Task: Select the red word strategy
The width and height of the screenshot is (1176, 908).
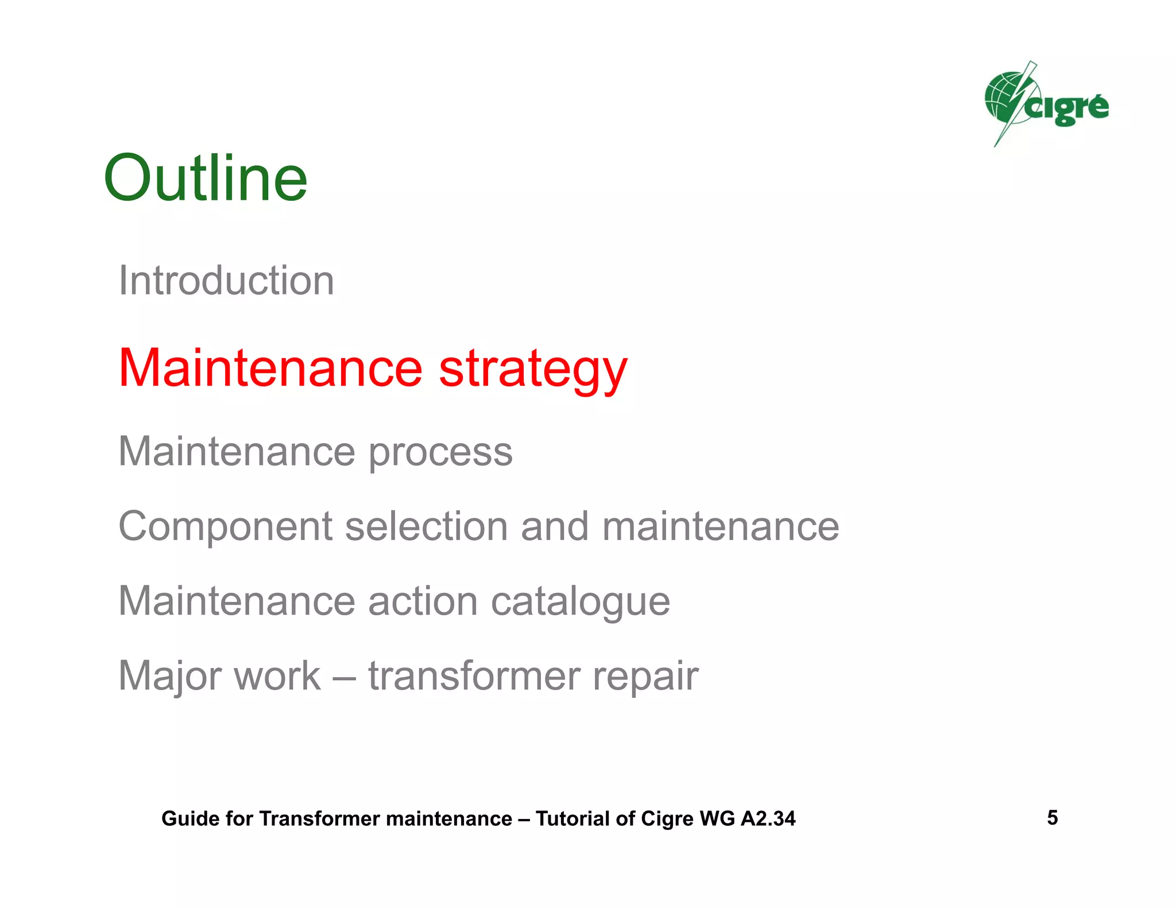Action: click(x=533, y=369)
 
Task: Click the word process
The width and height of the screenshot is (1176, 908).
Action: click(x=440, y=452)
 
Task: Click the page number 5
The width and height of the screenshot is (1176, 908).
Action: click(x=1052, y=817)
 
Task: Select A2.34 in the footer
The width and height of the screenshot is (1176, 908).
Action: click(x=768, y=818)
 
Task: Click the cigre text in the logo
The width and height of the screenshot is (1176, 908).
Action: click(x=1068, y=108)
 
